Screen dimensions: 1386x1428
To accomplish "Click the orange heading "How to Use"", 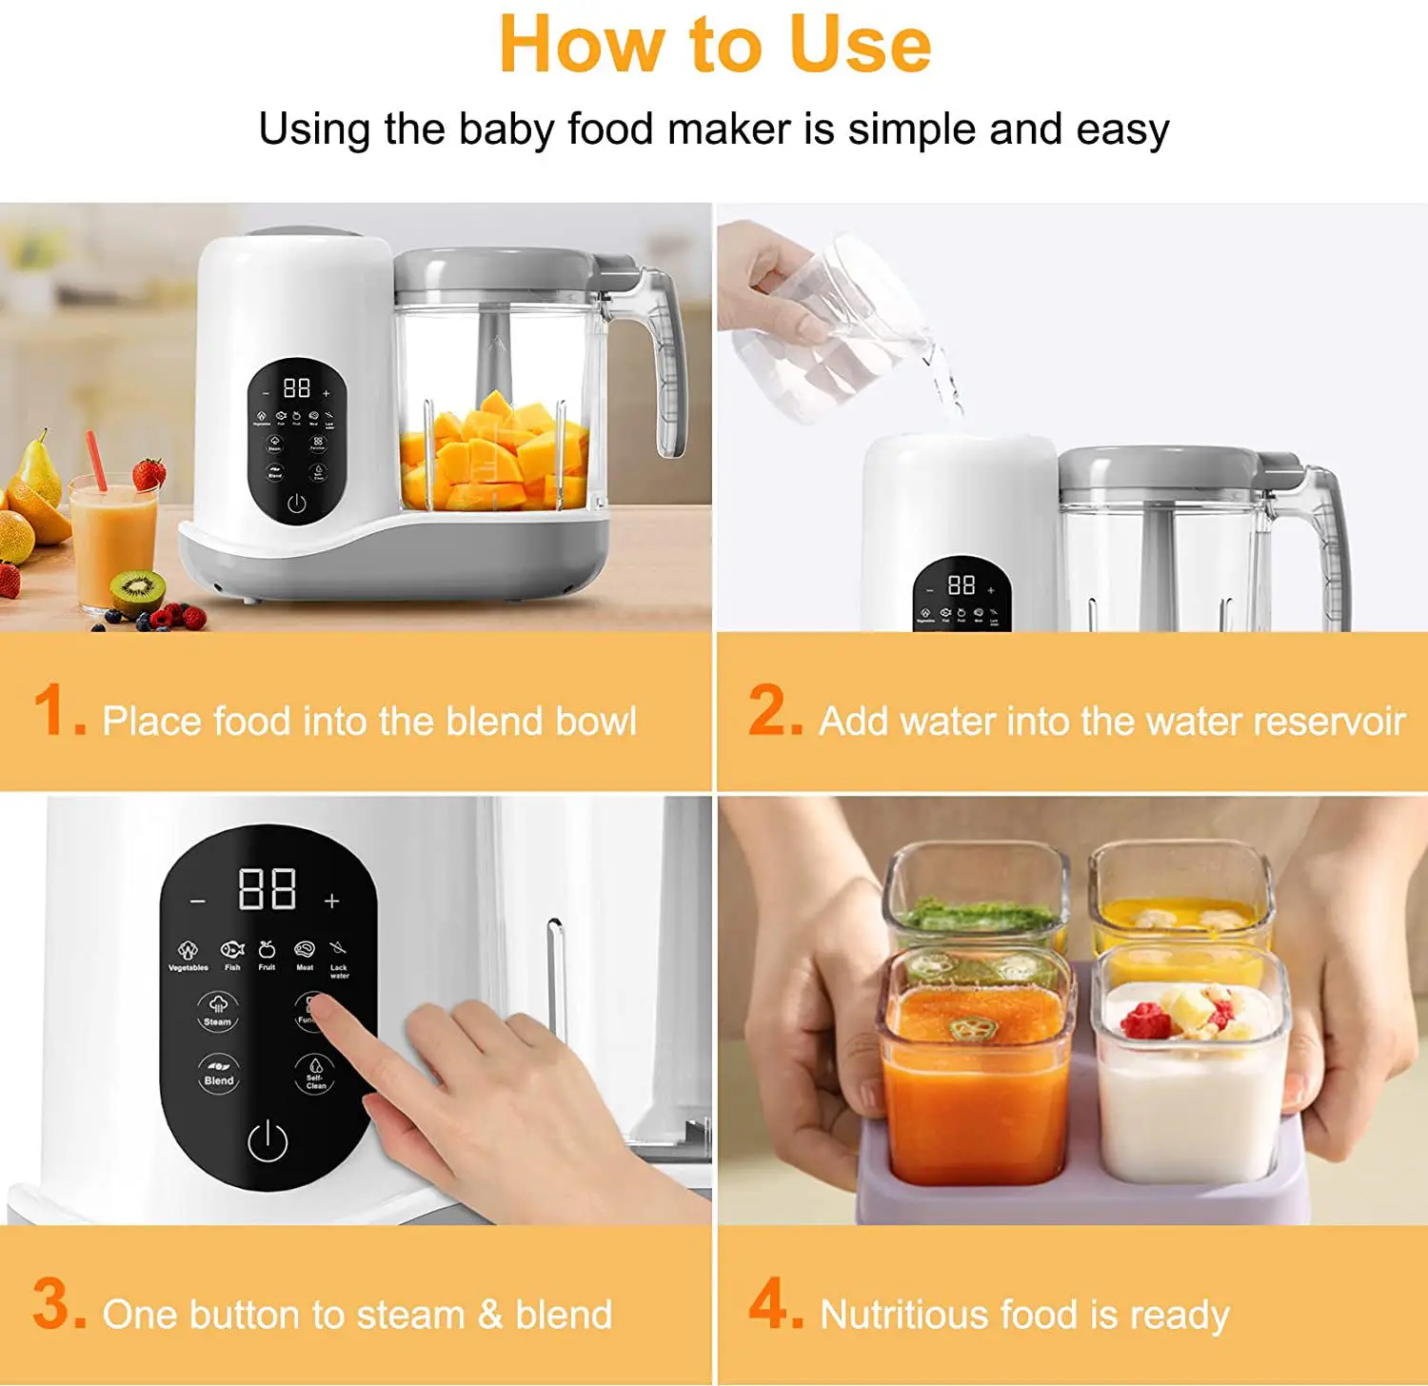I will coord(714,45).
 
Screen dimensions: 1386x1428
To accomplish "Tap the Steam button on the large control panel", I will coord(218,1008).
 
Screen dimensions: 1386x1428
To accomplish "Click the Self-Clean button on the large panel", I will coord(315,1073).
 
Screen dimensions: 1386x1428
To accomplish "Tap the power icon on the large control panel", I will coord(268,1141).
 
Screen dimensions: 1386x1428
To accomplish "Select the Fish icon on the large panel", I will coord(232,952).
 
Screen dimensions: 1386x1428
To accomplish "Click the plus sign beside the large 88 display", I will coord(331,901).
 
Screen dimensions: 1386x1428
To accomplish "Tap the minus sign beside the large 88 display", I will coord(197,901).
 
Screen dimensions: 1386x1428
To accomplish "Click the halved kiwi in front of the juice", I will coord(138,590).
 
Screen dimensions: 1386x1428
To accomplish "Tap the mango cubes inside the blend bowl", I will coord(495,452).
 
